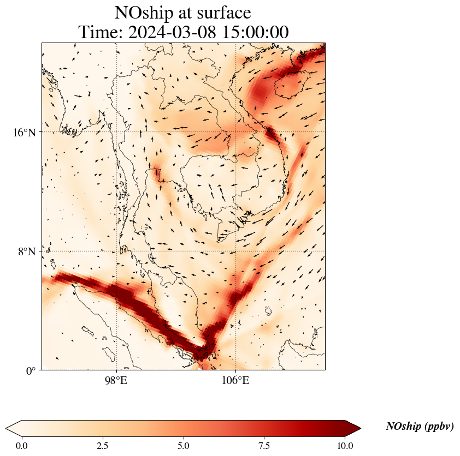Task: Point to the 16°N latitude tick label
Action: coord(24,132)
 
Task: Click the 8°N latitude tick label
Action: coord(27,251)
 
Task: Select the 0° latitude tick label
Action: coord(31,371)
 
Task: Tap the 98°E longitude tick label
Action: coord(116,380)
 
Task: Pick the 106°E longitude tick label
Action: coord(235,380)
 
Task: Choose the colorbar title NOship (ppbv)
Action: coord(420,427)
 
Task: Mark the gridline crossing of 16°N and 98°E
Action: coord(116,132)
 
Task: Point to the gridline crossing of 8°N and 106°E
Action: coord(235,251)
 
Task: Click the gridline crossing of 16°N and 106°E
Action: coord(235,132)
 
